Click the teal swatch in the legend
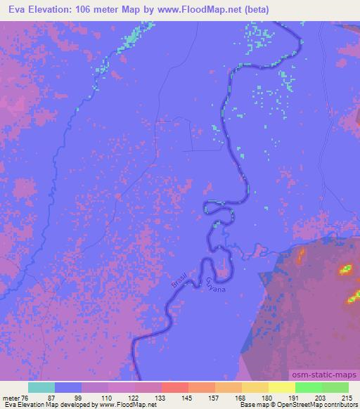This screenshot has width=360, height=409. [x=41, y=387]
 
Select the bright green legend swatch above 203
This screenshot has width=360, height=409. [x=309, y=387]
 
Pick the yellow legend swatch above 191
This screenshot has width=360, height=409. [x=282, y=387]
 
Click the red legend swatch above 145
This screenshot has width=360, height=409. [x=175, y=387]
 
